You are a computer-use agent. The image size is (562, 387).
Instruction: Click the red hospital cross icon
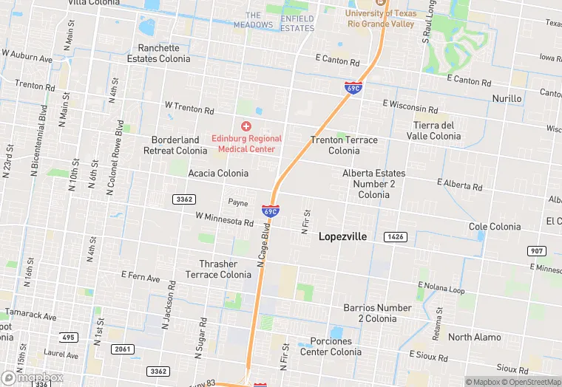(x=246, y=127)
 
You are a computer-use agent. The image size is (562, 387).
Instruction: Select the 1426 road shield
(x=396, y=236)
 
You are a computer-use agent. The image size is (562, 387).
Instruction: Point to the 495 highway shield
(x=69, y=337)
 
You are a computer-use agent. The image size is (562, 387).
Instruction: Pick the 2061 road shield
(x=123, y=349)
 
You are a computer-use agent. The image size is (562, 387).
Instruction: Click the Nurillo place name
(x=507, y=98)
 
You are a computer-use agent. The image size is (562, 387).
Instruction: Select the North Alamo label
(x=474, y=338)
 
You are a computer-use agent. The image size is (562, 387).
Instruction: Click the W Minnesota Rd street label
(x=224, y=219)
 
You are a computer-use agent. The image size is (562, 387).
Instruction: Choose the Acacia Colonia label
(x=218, y=173)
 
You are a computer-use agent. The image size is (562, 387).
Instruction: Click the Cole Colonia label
(x=494, y=226)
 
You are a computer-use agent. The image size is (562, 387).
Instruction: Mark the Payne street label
(x=237, y=202)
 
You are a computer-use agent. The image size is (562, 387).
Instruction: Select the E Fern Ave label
(x=140, y=277)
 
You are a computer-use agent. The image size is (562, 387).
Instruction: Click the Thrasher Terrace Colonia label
(x=218, y=269)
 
